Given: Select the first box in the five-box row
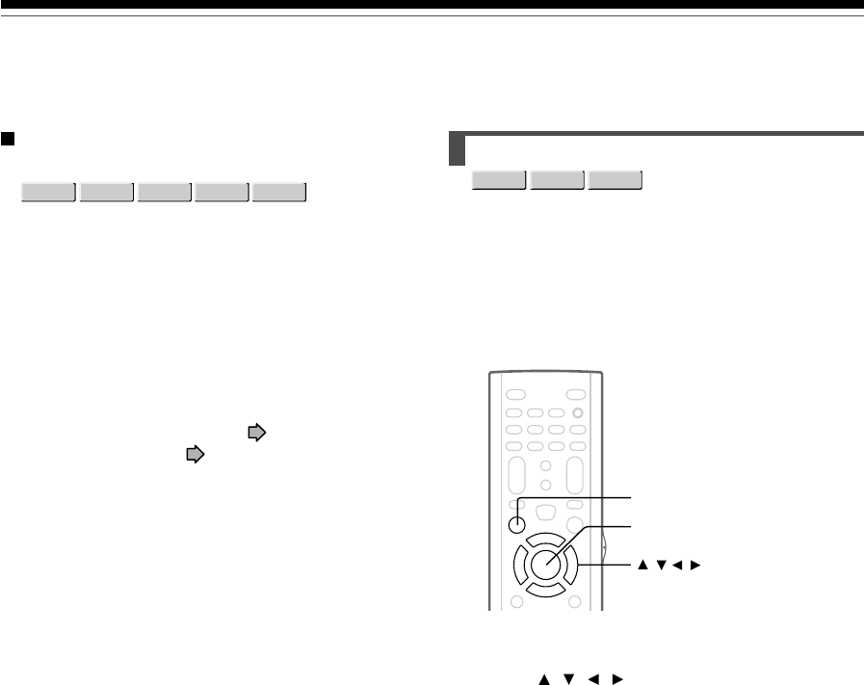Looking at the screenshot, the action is [49, 192].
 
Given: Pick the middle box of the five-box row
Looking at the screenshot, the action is [165, 192].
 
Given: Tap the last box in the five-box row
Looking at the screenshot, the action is [279, 192].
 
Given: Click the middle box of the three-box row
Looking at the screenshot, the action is [558, 181].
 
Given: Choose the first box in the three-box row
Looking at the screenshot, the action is [500, 181].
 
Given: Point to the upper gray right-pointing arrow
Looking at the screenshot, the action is [255, 434].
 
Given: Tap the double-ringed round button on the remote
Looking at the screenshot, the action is [578, 413].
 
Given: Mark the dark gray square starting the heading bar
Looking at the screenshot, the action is [458, 150].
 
